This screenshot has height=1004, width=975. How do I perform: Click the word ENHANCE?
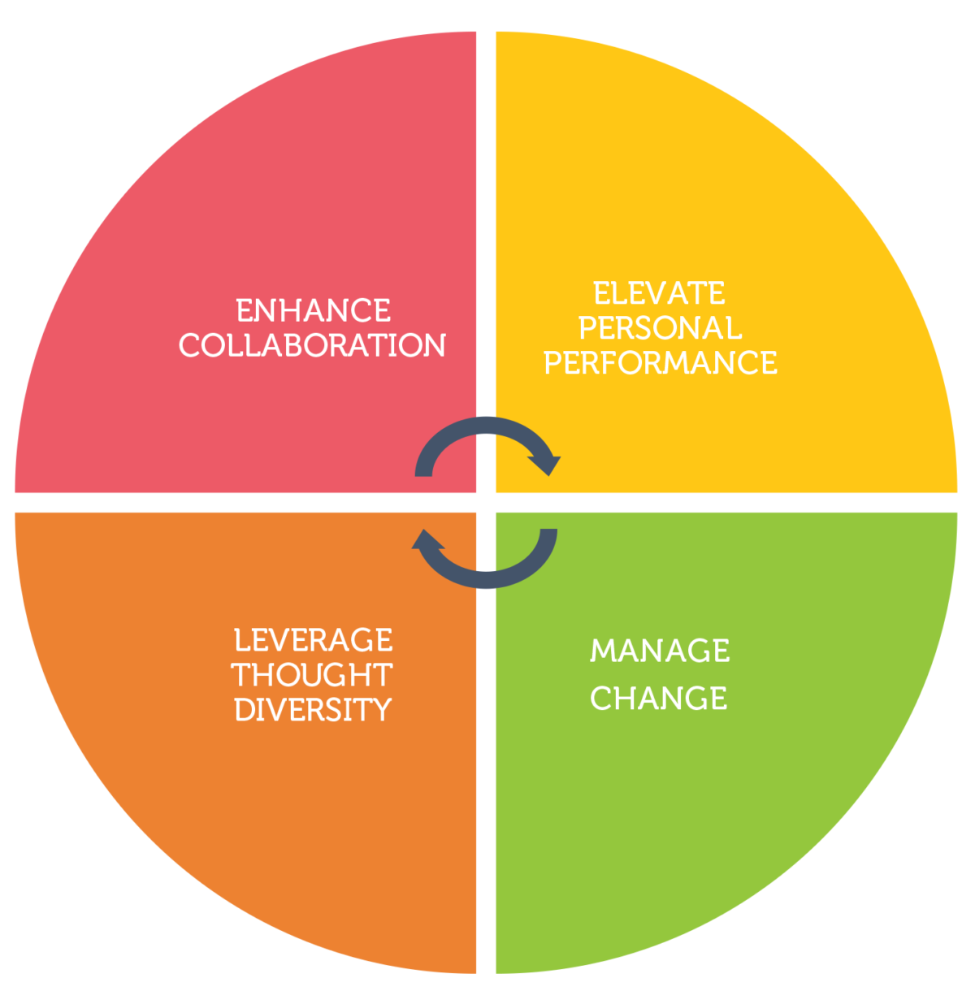coord(314,310)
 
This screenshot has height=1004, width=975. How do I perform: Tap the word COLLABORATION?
coord(312,345)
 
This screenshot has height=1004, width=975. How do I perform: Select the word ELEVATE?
coord(660,293)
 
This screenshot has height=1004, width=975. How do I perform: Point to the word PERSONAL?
coord(660,327)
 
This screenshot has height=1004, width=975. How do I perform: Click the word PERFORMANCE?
coord(660,362)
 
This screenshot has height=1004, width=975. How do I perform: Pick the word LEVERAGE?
coord(314,640)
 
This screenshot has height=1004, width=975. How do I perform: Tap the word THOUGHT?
coord(312,675)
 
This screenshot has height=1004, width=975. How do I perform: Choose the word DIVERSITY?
coord(313,709)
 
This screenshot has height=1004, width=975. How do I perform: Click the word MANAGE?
coord(660,650)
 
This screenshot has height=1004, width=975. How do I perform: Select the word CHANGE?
coord(659,698)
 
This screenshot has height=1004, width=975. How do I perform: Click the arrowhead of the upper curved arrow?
coord(546,465)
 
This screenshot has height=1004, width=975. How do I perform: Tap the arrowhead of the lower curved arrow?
coord(427,539)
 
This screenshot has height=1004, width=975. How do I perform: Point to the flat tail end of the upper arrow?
coord(423,476)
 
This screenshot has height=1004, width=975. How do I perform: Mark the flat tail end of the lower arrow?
coord(548,530)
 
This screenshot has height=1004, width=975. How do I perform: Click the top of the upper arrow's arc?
coord(486,425)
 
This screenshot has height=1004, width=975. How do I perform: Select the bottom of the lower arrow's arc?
coord(486,580)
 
